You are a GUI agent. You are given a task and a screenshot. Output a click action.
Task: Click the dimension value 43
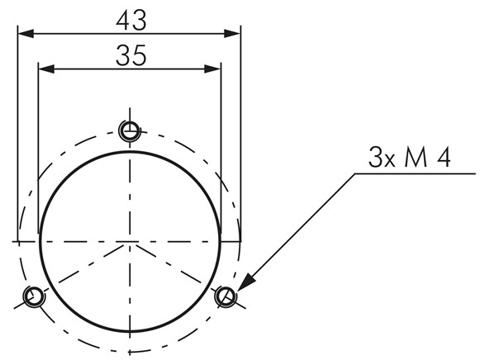[131, 21]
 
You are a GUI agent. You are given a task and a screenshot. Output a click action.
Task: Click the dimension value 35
[131, 55]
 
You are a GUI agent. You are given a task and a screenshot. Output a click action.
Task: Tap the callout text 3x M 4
[409, 157]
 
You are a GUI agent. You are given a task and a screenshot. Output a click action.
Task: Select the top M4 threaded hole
[130, 131]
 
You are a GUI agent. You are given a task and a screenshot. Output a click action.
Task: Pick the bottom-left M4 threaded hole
[34, 296]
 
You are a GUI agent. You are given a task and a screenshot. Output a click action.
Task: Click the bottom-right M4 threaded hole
[226, 296]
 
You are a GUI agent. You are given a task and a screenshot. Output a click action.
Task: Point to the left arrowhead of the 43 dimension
[26, 34]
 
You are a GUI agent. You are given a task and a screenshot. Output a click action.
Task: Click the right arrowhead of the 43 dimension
[232, 34]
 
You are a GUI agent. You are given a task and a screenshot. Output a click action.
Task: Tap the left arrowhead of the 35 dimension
[46, 69]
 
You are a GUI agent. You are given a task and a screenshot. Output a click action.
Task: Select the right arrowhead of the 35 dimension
[212, 69]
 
